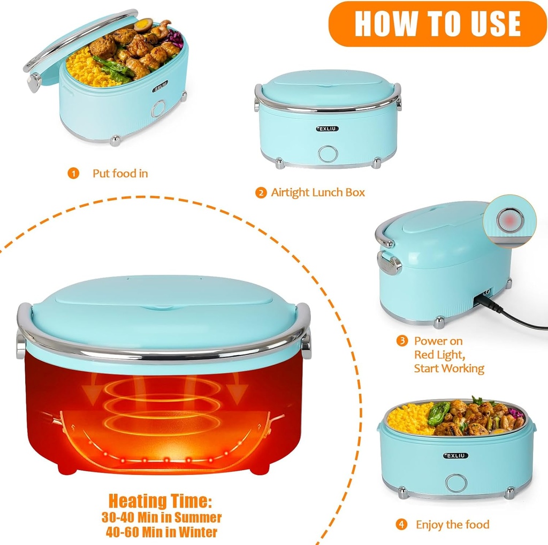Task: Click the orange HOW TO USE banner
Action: pyautogui.click(x=437, y=24)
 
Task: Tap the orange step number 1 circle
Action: pyautogui.click(x=73, y=173)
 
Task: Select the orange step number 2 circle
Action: pyautogui.click(x=261, y=193)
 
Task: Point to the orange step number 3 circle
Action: pyautogui.click(x=401, y=341)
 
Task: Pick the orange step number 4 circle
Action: pyautogui.click(x=401, y=525)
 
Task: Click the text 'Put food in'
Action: pyautogui.click(x=120, y=173)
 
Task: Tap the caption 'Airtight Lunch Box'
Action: pyautogui.click(x=318, y=193)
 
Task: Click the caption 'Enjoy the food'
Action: pyautogui.click(x=452, y=525)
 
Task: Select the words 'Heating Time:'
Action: pyautogui.click(x=160, y=501)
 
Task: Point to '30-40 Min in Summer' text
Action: pyautogui.click(x=161, y=517)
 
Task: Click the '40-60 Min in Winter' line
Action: pyautogui.click(x=160, y=532)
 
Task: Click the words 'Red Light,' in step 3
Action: pyautogui.click(x=438, y=355)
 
